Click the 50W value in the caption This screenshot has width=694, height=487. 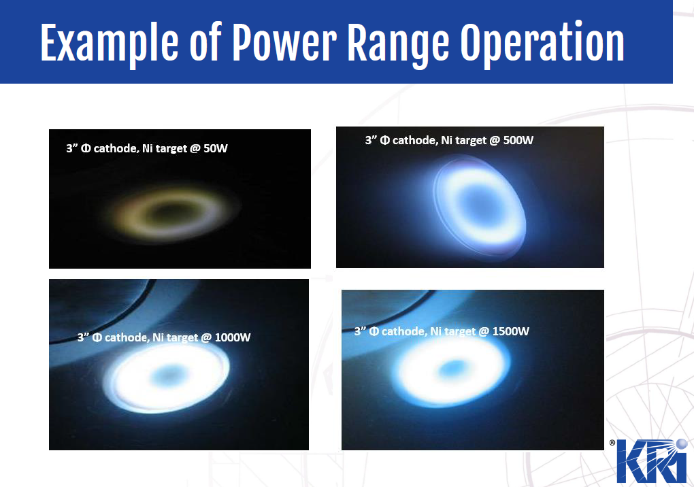tap(216, 148)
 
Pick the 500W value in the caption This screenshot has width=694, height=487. tap(518, 140)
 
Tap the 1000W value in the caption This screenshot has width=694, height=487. tap(233, 337)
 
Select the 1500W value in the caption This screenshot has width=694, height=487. tap(511, 331)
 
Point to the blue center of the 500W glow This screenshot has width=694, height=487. tap(479, 204)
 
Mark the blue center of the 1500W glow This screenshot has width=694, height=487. tap(454, 367)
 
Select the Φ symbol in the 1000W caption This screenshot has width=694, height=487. tap(97, 337)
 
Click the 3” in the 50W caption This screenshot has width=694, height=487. tap(71, 148)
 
